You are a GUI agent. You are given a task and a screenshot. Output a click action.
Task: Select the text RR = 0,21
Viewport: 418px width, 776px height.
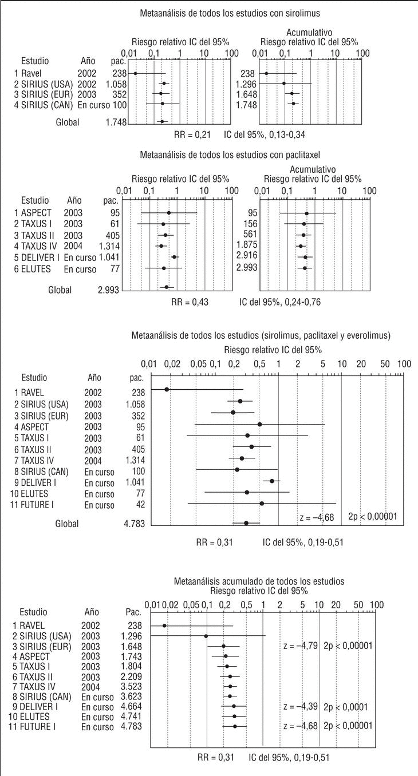[x=190, y=135]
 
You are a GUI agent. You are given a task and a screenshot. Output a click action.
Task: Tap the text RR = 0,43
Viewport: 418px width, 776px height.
[x=190, y=302]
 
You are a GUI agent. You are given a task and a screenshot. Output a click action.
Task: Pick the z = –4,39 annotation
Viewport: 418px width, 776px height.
[x=300, y=707]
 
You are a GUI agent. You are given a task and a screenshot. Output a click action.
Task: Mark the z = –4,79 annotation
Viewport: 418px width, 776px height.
[x=300, y=646]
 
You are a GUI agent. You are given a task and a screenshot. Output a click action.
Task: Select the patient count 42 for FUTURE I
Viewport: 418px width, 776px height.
[x=140, y=504]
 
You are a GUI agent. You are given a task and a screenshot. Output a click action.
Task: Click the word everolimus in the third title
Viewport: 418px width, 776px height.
[x=370, y=335]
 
